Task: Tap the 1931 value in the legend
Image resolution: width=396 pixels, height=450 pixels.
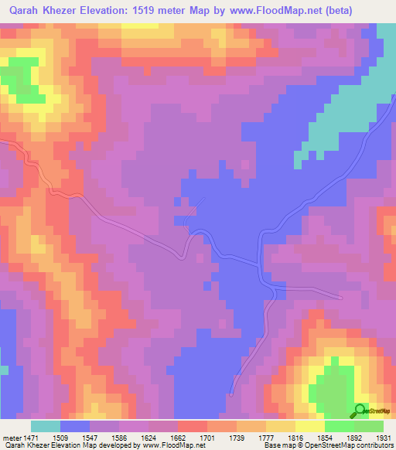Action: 382,437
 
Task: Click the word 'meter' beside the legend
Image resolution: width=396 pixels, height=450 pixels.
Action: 12,437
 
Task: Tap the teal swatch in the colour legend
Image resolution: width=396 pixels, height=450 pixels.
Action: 46,426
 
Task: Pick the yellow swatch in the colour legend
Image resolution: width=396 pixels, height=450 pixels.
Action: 309,426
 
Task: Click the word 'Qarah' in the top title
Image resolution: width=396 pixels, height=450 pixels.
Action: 22,11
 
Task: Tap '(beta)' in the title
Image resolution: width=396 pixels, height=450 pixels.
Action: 371,11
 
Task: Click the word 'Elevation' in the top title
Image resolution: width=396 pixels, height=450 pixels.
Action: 109,11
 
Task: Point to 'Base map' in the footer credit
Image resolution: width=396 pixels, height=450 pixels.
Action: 276,445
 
